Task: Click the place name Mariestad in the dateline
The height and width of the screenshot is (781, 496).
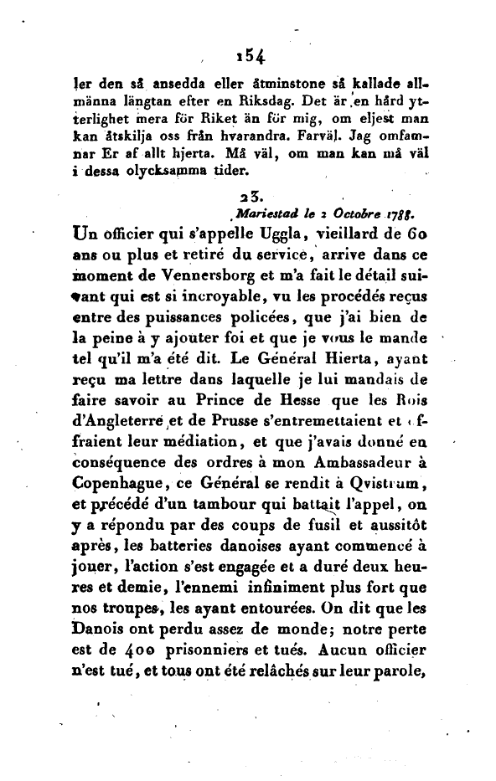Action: coord(264,213)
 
